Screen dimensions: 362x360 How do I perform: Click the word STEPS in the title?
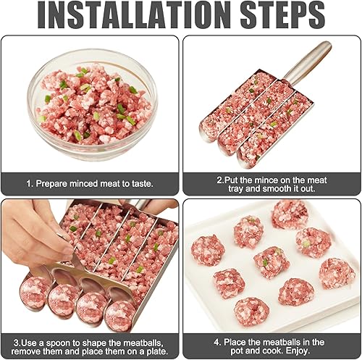coord(282,14)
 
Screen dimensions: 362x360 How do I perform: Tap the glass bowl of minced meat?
coord(93,104)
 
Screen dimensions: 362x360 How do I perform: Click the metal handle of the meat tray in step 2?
coord(307,63)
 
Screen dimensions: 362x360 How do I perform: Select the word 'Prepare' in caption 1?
coord(51,184)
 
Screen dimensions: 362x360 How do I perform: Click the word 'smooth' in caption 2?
coord(277,188)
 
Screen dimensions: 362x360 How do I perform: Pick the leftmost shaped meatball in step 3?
coord(35,292)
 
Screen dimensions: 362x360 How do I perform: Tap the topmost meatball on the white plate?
coord(290,214)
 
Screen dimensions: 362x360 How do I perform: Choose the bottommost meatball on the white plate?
coord(251,311)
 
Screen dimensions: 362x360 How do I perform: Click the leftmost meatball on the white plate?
coord(208,250)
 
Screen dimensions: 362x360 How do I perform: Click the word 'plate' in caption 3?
coord(155,351)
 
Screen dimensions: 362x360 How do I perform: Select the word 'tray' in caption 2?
coord(236,189)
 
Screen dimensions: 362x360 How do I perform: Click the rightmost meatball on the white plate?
coord(337,274)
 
